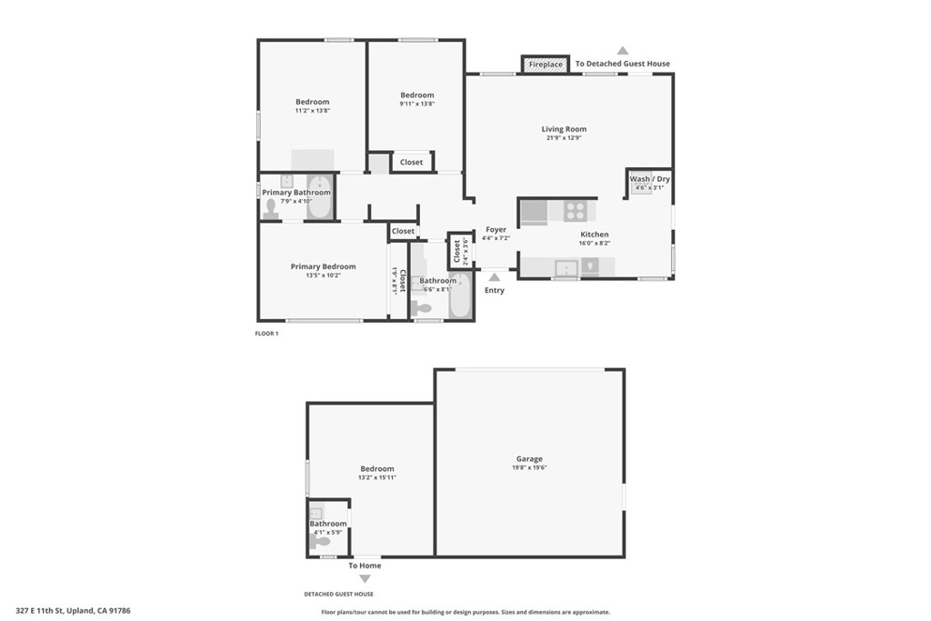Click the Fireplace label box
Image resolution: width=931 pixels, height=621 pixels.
click(x=546, y=65)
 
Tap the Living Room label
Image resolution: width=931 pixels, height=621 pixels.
click(x=564, y=129)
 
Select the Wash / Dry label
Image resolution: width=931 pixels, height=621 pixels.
click(x=650, y=179)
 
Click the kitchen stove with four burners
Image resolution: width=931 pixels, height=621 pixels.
click(x=575, y=211)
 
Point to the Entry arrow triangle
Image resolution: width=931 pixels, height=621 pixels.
click(x=495, y=276)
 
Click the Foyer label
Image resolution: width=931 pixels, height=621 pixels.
click(x=496, y=230)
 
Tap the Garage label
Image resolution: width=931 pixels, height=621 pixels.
click(x=529, y=459)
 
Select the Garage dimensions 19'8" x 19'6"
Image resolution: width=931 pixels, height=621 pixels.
click(x=529, y=468)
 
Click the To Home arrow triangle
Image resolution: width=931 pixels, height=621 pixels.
click(x=365, y=578)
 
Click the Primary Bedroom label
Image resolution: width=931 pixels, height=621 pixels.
click(x=323, y=266)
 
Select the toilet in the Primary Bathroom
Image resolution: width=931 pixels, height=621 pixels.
click(x=271, y=208)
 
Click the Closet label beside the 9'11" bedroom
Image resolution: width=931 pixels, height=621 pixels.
click(x=411, y=162)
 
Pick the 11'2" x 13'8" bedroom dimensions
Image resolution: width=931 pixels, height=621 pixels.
click(x=312, y=111)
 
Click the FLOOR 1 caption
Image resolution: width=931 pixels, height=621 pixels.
click(x=266, y=334)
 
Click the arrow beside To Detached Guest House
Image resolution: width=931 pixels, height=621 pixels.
click(x=623, y=51)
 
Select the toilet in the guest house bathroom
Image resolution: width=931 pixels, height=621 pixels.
click(x=321, y=541)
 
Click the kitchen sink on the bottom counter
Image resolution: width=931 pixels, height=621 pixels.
click(x=566, y=267)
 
